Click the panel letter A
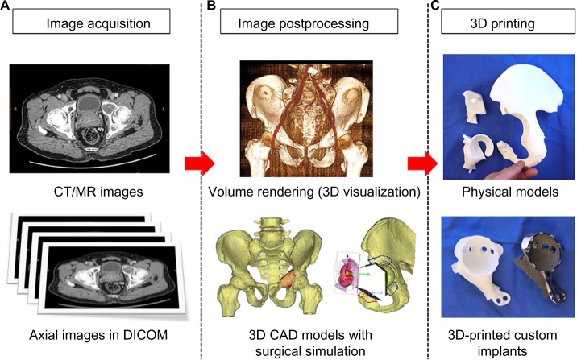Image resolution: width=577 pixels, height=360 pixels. tap(6, 6)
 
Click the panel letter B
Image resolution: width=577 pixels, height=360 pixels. tap(210, 6)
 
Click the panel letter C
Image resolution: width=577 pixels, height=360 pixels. tap(436, 6)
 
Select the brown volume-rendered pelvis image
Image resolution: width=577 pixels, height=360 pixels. tap(308, 120)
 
